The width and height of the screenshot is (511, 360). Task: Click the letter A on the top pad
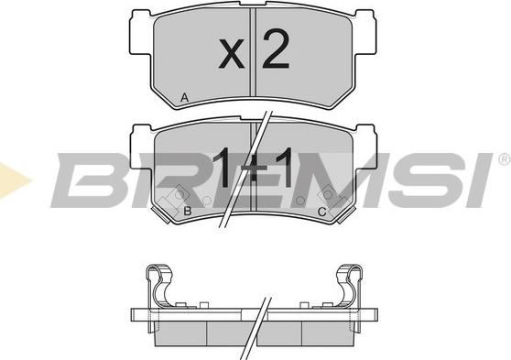coord(184,97)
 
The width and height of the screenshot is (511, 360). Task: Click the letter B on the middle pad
coord(188,211)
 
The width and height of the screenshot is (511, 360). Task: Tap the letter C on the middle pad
coord(321,212)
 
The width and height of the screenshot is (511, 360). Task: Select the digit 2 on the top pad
coord(276,49)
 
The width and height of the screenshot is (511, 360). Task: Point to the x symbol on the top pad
coord(232,53)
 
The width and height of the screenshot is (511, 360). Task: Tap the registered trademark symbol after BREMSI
coord(505,159)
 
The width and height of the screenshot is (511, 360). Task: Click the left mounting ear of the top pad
coord(141,32)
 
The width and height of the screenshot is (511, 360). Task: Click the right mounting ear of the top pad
coord(365,32)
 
